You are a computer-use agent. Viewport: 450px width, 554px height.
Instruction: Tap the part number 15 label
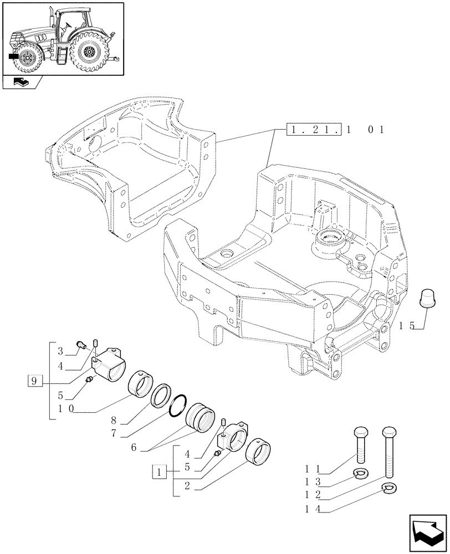coord(406,326)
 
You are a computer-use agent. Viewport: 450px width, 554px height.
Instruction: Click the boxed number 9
coord(34,381)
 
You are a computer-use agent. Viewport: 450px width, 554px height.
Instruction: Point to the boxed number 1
coord(159,473)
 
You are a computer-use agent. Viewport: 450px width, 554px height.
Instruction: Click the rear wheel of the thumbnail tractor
coord(88,54)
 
